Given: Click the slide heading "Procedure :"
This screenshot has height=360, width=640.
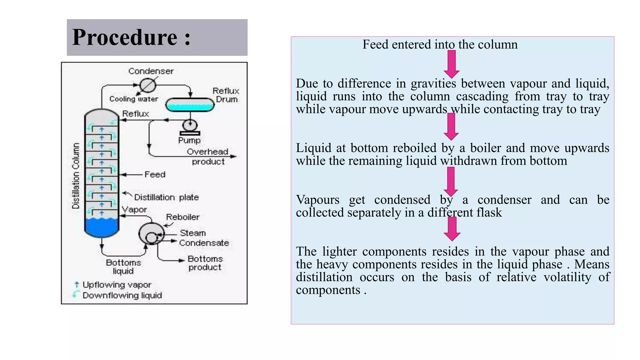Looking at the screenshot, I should click(x=131, y=37).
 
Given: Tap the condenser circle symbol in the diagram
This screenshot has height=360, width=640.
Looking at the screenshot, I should click(x=147, y=85).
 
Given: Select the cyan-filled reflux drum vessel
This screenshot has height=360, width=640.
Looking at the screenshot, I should click(x=190, y=105).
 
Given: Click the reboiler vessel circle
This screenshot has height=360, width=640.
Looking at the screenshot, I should click(x=151, y=234).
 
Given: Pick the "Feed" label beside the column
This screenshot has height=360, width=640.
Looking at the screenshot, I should click(x=155, y=174).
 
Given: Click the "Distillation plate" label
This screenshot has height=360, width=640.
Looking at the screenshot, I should click(x=166, y=197).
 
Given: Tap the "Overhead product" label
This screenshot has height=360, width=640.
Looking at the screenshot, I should click(x=208, y=157).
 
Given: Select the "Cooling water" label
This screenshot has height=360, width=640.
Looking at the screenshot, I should click(x=133, y=99).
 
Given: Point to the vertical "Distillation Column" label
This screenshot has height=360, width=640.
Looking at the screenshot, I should click(x=76, y=176).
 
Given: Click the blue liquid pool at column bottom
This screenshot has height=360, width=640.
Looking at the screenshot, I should click(x=102, y=227).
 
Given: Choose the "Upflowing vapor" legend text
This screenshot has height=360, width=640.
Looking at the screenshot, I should click(x=117, y=285).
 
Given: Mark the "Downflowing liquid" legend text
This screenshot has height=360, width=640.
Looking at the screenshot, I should click(x=122, y=295).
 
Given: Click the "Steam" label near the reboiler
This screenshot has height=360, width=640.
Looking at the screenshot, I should click(x=193, y=233).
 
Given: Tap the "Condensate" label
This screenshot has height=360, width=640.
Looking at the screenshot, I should click(x=204, y=243).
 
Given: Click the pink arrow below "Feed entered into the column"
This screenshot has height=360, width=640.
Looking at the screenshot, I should click(x=451, y=64).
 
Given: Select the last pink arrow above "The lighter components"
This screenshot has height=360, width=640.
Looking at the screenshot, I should click(x=452, y=229).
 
